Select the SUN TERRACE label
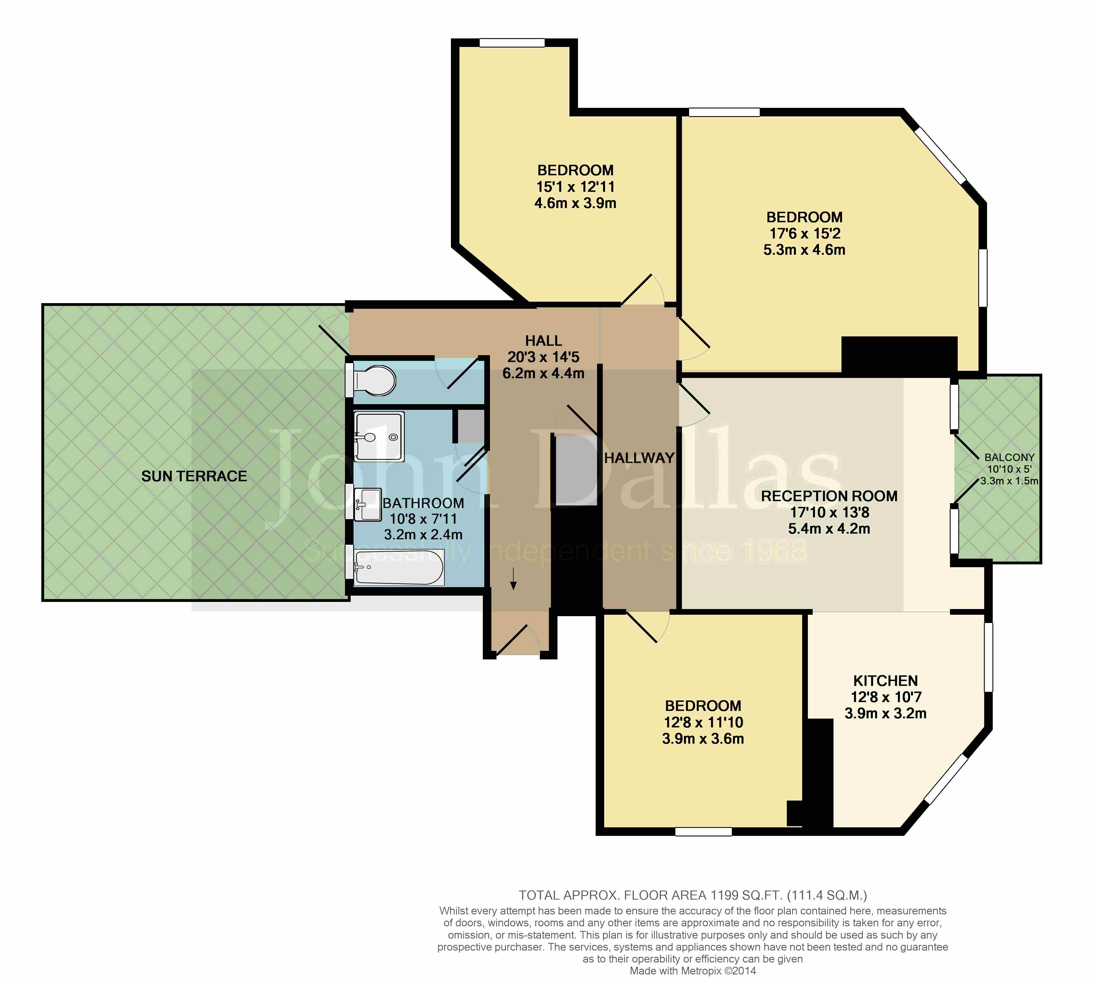point(194,476)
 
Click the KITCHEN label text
point(885,681)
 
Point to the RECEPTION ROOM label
point(829,496)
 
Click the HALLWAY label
point(639,458)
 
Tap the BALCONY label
point(1009,457)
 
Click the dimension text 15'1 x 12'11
point(575,186)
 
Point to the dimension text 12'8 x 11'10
point(703,722)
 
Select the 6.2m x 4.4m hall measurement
point(543,373)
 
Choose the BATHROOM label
point(423,503)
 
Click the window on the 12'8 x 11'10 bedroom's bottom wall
point(703,832)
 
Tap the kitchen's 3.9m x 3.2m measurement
point(885,713)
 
